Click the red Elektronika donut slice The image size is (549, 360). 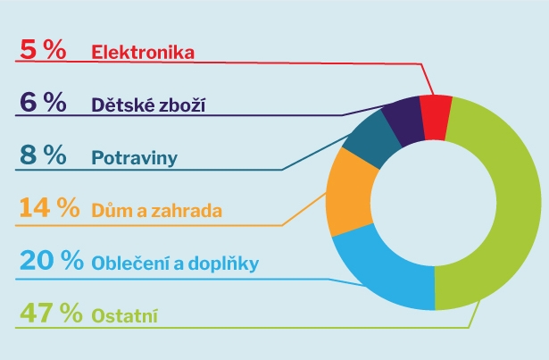pyautogui.click(x=436, y=117)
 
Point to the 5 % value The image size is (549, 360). pyautogui.click(x=43, y=49)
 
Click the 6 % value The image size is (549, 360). pyautogui.click(x=43, y=102)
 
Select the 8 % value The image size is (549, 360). pyautogui.click(x=43, y=155)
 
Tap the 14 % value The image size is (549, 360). pyautogui.click(x=49, y=207)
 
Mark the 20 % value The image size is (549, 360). pyautogui.click(x=52, y=260)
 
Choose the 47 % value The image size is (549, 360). pyautogui.click(x=51, y=313)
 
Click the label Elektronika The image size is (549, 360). pyautogui.click(x=143, y=52)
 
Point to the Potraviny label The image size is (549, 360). pyautogui.click(x=135, y=158)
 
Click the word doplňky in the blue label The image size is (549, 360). pyautogui.click(x=224, y=264)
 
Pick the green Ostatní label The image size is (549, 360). pyautogui.click(x=125, y=315)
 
